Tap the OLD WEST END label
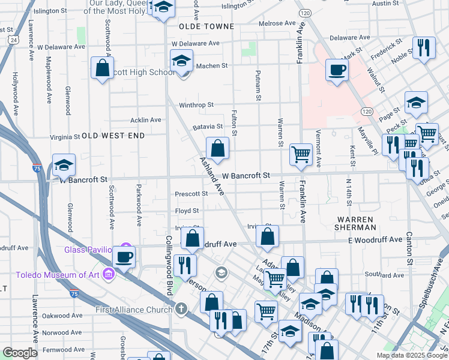pos(113,136)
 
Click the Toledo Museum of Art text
pos(51,275)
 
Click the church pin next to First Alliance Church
pos(181,310)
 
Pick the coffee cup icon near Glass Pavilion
pos(124,257)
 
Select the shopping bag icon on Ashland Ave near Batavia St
pos(217,148)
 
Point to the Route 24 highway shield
pos(13,40)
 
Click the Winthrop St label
pos(196,105)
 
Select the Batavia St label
pos(208,127)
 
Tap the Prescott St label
pos(191,194)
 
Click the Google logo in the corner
pos(19,353)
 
